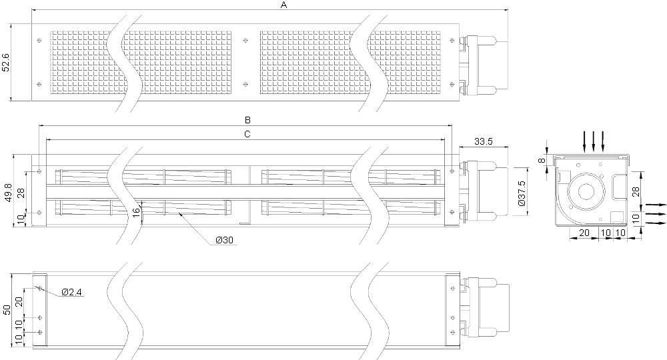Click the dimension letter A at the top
coord(284,5)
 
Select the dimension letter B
coord(247,120)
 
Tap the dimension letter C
coord(247,134)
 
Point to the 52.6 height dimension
coord(5,62)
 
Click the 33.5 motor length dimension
coord(483,141)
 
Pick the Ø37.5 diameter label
coord(522,192)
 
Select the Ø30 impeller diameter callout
coord(224,240)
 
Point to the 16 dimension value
coord(136,213)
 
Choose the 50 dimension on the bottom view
coord(7,310)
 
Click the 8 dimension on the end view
coord(541,161)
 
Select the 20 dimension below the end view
coord(584,233)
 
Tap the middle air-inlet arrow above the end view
coord(594,141)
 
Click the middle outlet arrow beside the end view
coord(656,214)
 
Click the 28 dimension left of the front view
coord(21,193)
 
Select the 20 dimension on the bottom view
coord(19,302)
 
